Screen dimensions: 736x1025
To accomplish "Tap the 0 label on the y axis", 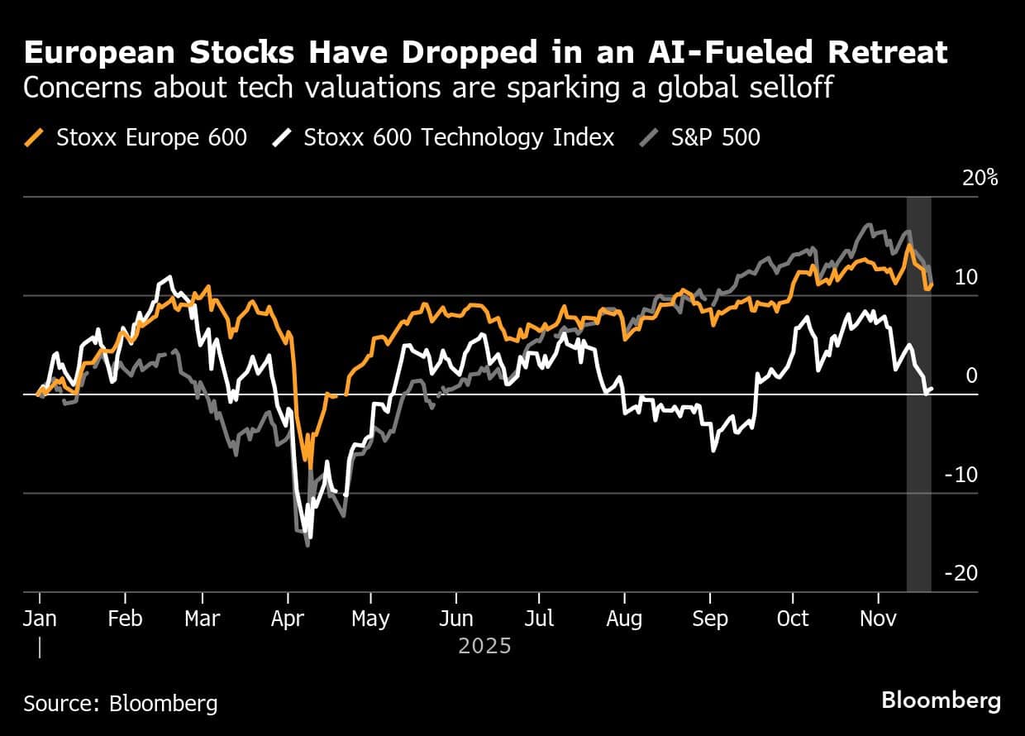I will pyautogui.click(x=971, y=375).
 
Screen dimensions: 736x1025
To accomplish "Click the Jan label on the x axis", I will pyautogui.click(x=40, y=619).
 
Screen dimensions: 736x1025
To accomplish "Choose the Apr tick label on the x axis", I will pyautogui.click(x=287, y=619).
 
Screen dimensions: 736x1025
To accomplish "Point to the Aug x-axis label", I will pyautogui.click(x=624, y=619).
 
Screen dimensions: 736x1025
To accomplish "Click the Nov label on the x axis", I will pyautogui.click(x=878, y=619).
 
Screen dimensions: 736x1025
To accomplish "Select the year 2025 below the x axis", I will pyautogui.click(x=484, y=645).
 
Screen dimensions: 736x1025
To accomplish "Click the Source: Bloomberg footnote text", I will pyautogui.click(x=121, y=704).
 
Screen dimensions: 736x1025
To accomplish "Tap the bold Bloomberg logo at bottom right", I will pyautogui.click(x=941, y=700).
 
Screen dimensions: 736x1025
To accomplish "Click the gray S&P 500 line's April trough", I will pyautogui.click(x=308, y=544).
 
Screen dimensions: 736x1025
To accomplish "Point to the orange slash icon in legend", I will pyautogui.click(x=36, y=137).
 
